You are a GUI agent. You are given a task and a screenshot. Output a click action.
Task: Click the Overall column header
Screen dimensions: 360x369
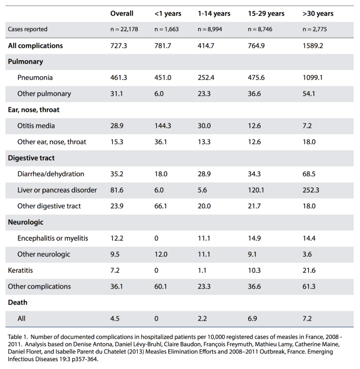(x=122, y=13)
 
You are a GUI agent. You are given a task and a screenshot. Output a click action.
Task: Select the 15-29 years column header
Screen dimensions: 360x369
(x=266, y=13)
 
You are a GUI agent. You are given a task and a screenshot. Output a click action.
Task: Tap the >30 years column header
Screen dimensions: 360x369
(x=318, y=13)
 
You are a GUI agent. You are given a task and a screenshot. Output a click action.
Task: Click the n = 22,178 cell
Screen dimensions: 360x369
(x=124, y=29)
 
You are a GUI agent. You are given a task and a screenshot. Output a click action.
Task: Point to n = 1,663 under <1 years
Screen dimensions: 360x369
(x=166, y=29)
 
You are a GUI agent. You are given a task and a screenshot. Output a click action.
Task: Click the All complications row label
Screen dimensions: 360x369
(x=36, y=46)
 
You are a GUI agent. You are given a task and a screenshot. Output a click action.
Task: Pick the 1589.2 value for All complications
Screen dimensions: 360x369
(x=313, y=46)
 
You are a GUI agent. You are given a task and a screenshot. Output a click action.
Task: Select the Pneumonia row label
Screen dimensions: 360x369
(x=35, y=78)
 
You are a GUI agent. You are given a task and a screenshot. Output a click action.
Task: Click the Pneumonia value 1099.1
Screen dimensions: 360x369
(x=312, y=78)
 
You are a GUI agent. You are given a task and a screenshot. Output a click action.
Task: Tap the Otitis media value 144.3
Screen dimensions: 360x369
(x=163, y=126)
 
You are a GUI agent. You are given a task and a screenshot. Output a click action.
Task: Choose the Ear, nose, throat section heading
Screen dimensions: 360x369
(x=34, y=110)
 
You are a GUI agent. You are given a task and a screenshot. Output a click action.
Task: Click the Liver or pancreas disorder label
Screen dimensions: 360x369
(x=57, y=190)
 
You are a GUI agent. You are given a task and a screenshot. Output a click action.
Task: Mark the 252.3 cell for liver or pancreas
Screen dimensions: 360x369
(x=311, y=190)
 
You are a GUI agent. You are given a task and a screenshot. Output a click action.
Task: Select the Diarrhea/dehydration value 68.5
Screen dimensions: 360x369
(x=309, y=174)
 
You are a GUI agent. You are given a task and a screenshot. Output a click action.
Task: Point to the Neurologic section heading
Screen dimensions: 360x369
(x=26, y=222)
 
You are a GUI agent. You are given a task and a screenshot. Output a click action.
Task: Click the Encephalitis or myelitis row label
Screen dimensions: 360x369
(x=53, y=238)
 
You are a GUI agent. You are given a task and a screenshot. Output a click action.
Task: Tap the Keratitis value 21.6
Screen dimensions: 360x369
(x=309, y=271)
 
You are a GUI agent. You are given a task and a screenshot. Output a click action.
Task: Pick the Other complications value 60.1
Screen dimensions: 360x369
(x=161, y=286)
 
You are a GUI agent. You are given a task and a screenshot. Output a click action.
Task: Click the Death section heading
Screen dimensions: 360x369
(x=18, y=302)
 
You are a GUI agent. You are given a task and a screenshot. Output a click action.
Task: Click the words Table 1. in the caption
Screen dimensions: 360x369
(x=18, y=337)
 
